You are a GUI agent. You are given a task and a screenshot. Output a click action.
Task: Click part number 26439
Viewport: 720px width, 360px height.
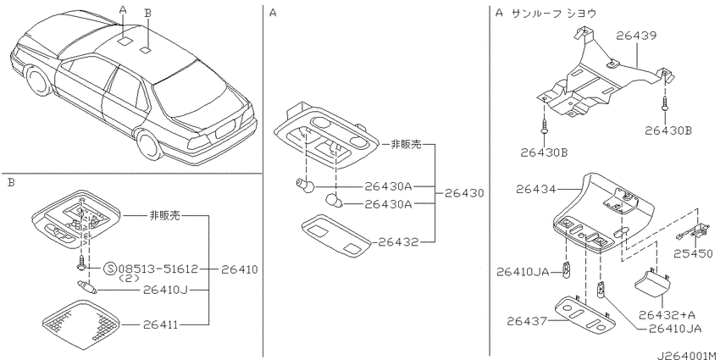pyautogui.click(x=636, y=36)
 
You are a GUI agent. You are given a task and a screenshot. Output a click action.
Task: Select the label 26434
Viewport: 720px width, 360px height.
pyautogui.click(x=536, y=189)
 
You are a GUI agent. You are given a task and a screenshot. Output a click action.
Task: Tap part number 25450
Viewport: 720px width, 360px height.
pyautogui.click(x=694, y=254)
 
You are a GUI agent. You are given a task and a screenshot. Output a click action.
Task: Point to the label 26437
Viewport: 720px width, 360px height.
pyautogui.click(x=527, y=321)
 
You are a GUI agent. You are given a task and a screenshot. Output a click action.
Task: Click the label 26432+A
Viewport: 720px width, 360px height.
pyautogui.click(x=667, y=315)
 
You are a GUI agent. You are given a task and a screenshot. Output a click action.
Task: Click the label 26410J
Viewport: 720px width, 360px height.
pyautogui.click(x=167, y=290)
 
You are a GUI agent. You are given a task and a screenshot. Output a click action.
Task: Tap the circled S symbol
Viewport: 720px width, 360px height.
pyautogui.click(x=110, y=269)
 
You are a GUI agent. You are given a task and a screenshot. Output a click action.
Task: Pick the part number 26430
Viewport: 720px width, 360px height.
pyautogui.click(x=464, y=193)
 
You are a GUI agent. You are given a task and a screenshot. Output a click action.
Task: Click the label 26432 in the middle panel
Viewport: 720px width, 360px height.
pyautogui.click(x=399, y=242)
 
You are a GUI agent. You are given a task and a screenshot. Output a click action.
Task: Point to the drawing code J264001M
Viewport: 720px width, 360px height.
pyautogui.click(x=687, y=355)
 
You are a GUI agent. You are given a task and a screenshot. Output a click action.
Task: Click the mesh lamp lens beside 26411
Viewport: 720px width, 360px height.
pyautogui.click(x=80, y=322)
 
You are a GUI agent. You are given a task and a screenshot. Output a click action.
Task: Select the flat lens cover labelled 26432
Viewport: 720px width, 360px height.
pyautogui.click(x=336, y=235)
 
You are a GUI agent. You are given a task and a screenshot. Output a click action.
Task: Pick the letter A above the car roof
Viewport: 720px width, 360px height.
pyautogui.click(x=122, y=9)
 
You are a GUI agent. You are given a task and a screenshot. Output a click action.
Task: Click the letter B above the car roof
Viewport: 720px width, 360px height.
pyautogui.click(x=147, y=13)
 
